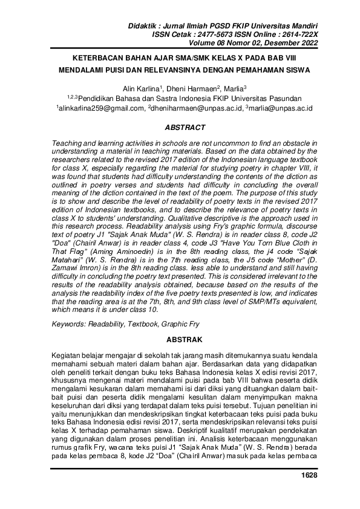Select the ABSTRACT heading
[180, 128]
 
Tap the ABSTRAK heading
[180, 340]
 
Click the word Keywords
[70, 325]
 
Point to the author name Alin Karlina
[140, 88]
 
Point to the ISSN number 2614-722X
[302, 36]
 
